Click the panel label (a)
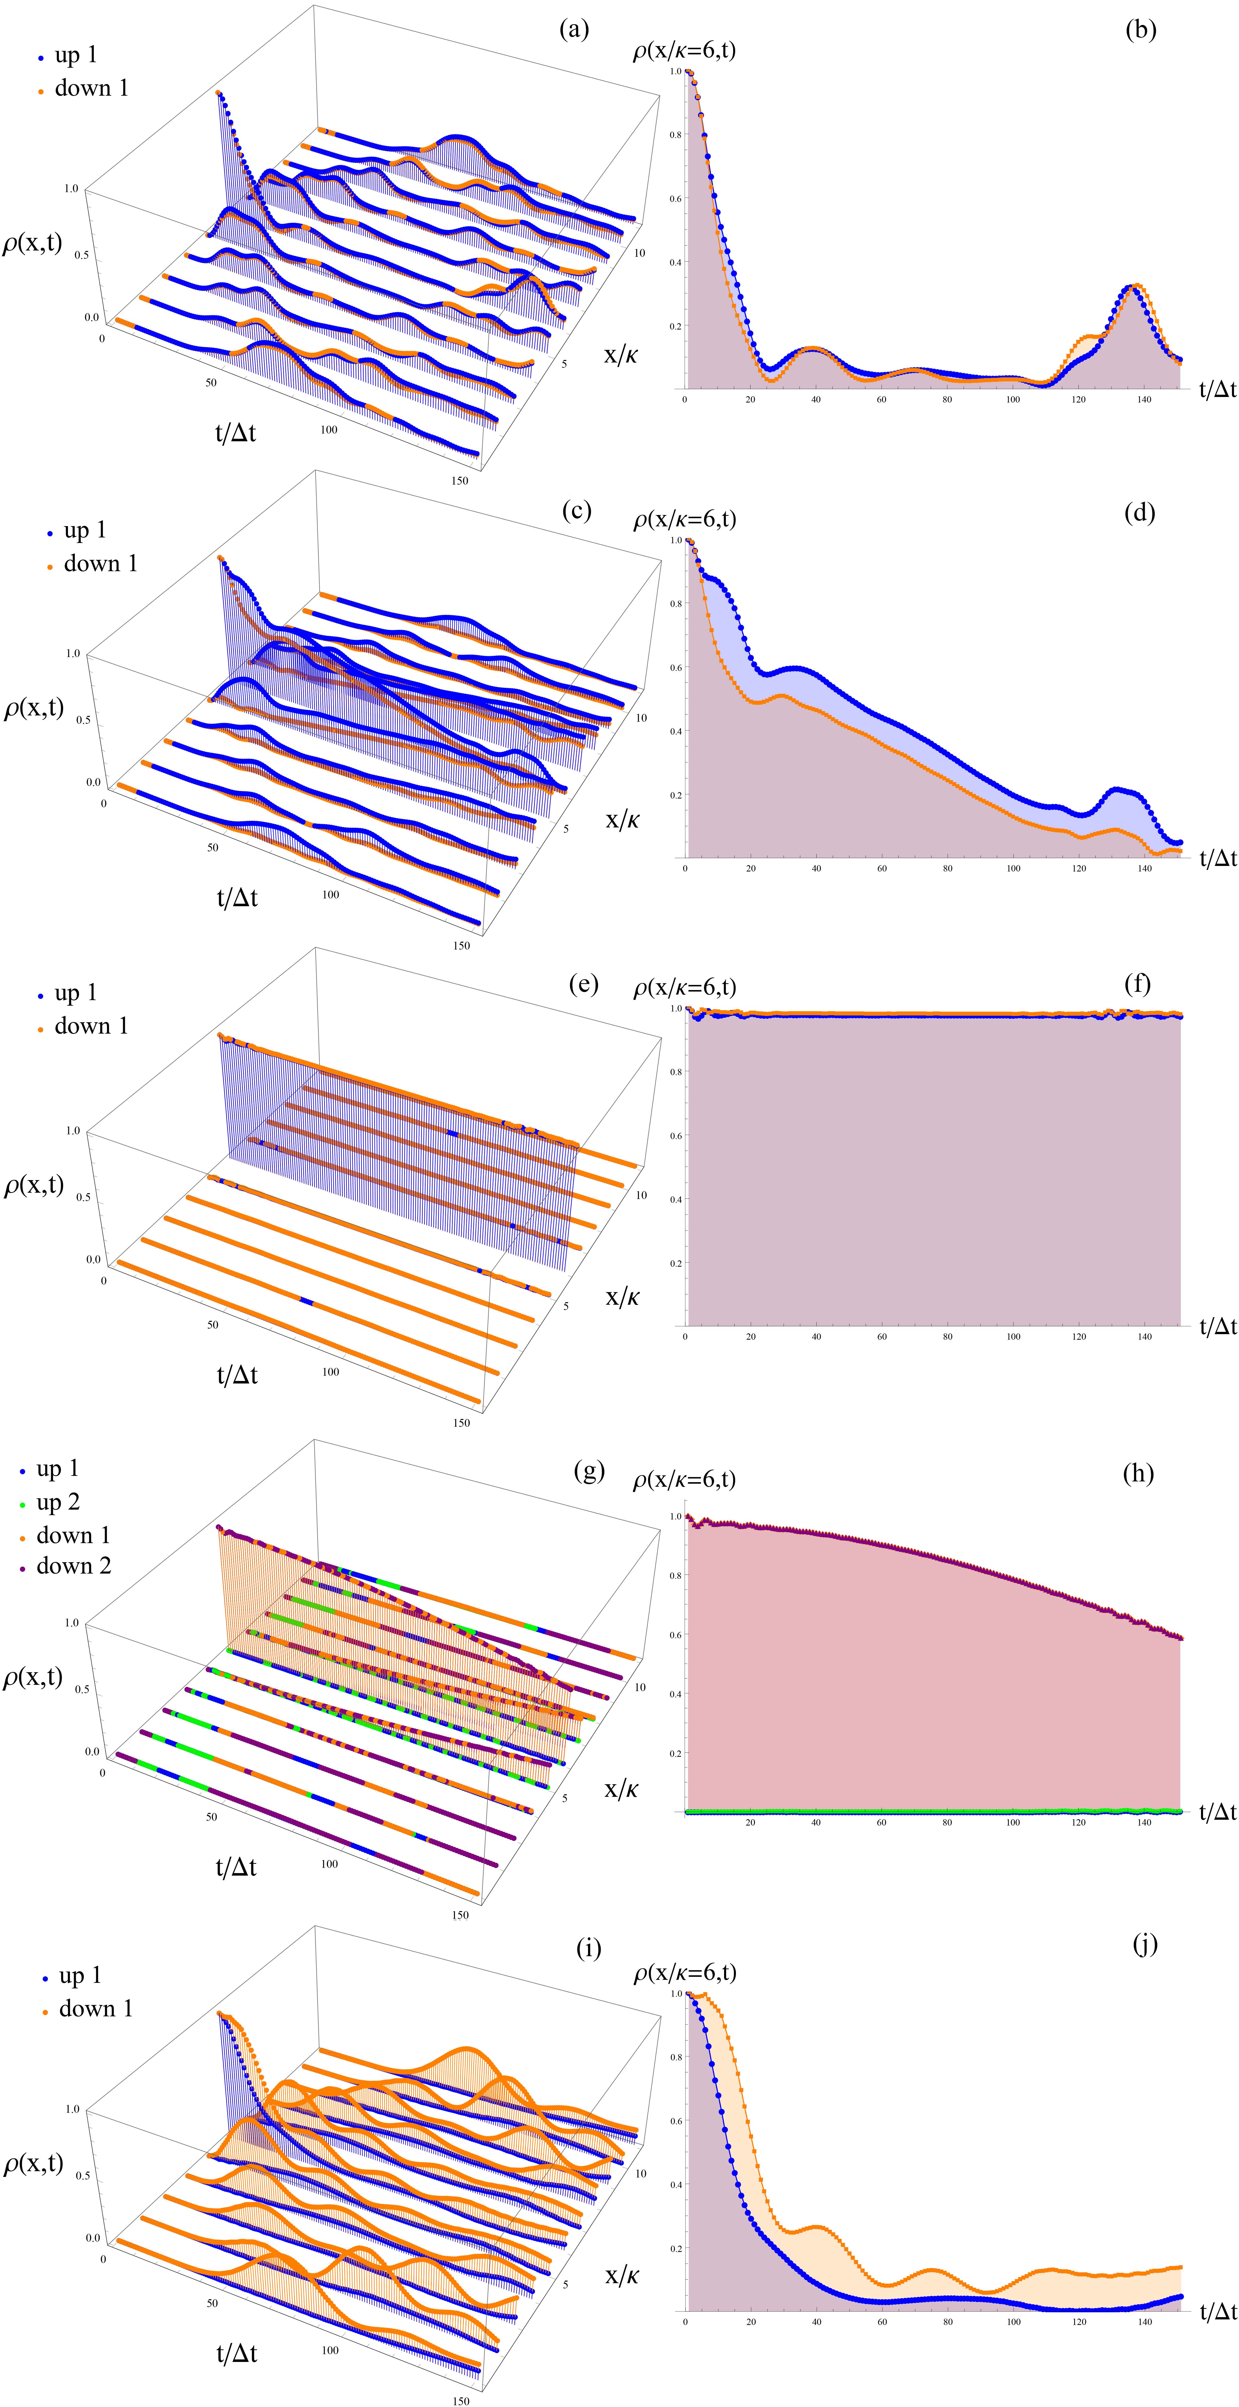pos(574,30)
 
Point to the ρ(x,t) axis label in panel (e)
pos(34,1185)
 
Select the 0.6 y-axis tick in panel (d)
pos(675,667)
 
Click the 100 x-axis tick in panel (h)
pos(1013,1822)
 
